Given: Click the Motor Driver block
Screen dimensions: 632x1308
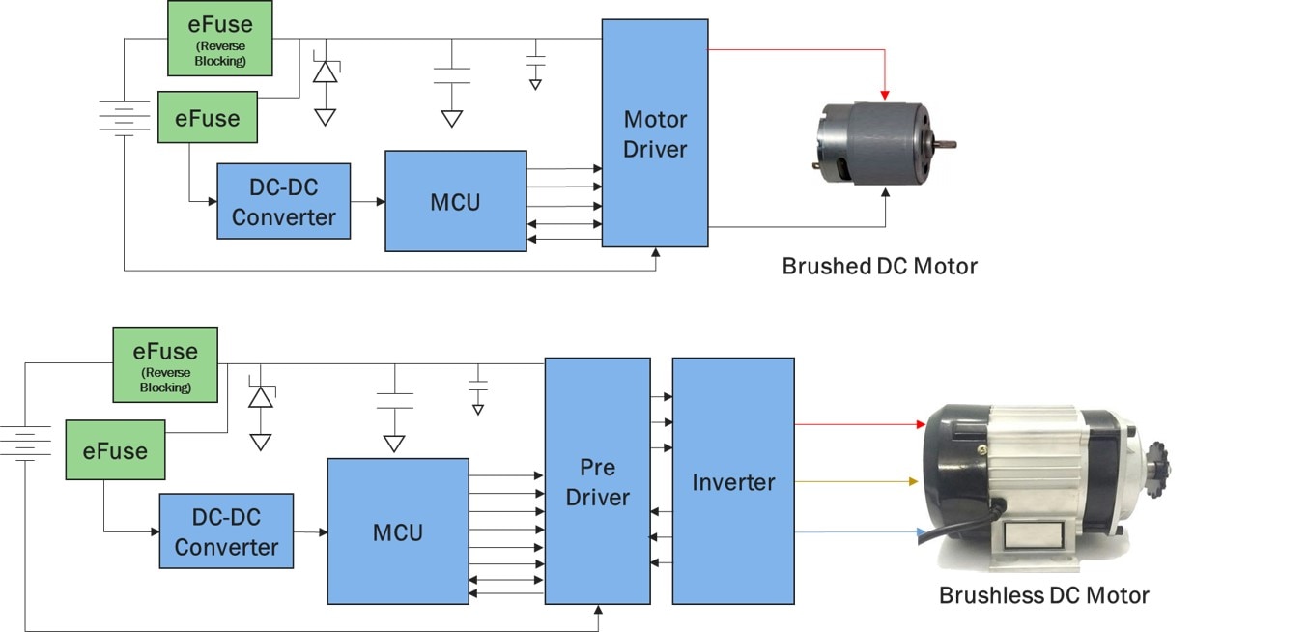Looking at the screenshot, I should (655, 133).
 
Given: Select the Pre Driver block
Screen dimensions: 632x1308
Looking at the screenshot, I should (597, 481).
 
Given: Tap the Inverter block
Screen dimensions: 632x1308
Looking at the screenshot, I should (732, 481).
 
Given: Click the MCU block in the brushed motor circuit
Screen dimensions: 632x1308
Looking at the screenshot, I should (455, 201).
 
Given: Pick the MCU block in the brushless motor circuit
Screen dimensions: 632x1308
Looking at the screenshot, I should (397, 531).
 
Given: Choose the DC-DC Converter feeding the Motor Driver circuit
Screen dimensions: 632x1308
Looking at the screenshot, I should (283, 201).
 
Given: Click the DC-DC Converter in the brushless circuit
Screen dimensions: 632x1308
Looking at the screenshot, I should (226, 531).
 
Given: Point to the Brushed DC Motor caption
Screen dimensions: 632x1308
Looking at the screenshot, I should (879, 266).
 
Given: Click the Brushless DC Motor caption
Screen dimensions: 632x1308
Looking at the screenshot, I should (1043, 594).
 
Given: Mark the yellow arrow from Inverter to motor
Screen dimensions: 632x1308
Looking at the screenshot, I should (855, 481).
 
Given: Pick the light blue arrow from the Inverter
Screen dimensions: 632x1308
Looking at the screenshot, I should (855, 531).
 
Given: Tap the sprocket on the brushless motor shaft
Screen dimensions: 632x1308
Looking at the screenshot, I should (1156, 461).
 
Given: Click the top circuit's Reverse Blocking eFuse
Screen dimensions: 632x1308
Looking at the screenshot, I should (219, 38).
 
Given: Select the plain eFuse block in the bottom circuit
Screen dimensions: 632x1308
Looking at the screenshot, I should (114, 450).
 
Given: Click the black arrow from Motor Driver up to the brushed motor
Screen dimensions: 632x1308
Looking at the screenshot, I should (886, 208).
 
